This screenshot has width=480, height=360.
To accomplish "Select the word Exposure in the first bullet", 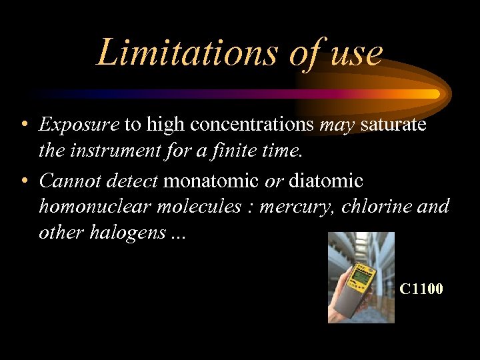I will coord(79,124).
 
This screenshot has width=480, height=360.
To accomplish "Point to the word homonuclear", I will coord(95,207).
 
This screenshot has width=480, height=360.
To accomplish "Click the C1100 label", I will coord(421,289).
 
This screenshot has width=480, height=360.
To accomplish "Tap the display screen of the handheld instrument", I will coord(361,277).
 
